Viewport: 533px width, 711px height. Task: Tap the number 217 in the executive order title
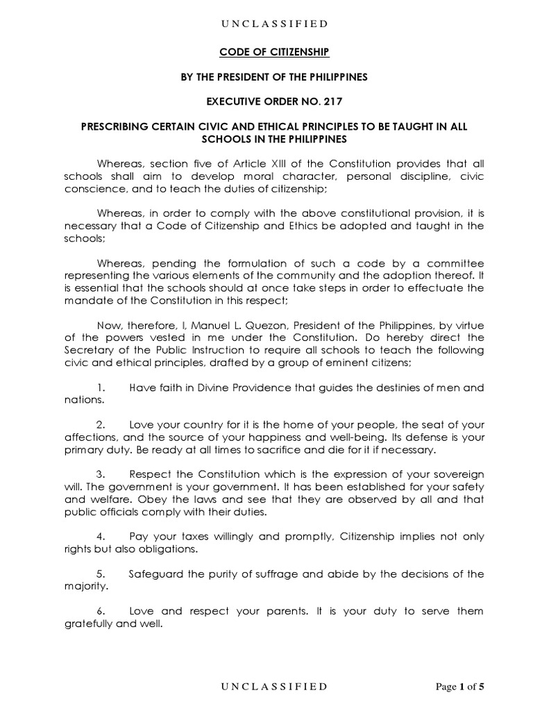pyautogui.click(x=332, y=101)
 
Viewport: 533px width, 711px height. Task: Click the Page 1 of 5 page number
pyautogui.click(x=459, y=687)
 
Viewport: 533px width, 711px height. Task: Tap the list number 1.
pyautogui.click(x=100, y=387)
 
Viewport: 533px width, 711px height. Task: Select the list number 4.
pyautogui.click(x=100, y=537)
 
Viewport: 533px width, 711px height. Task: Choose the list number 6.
pyautogui.click(x=100, y=612)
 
